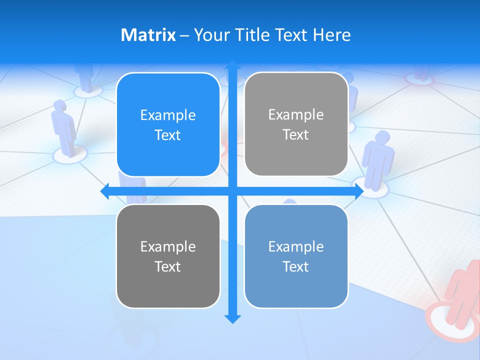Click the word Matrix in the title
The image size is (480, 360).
click(x=148, y=35)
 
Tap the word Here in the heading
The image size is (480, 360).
click(x=331, y=35)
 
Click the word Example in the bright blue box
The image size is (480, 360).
click(x=168, y=115)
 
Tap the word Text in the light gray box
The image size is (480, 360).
click(x=296, y=135)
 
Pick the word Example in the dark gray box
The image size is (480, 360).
click(x=168, y=247)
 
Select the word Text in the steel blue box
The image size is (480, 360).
click(x=296, y=266)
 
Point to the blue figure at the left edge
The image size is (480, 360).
click(x=63, y=127)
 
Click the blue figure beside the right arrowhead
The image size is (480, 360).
click(x=378, y=160)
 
